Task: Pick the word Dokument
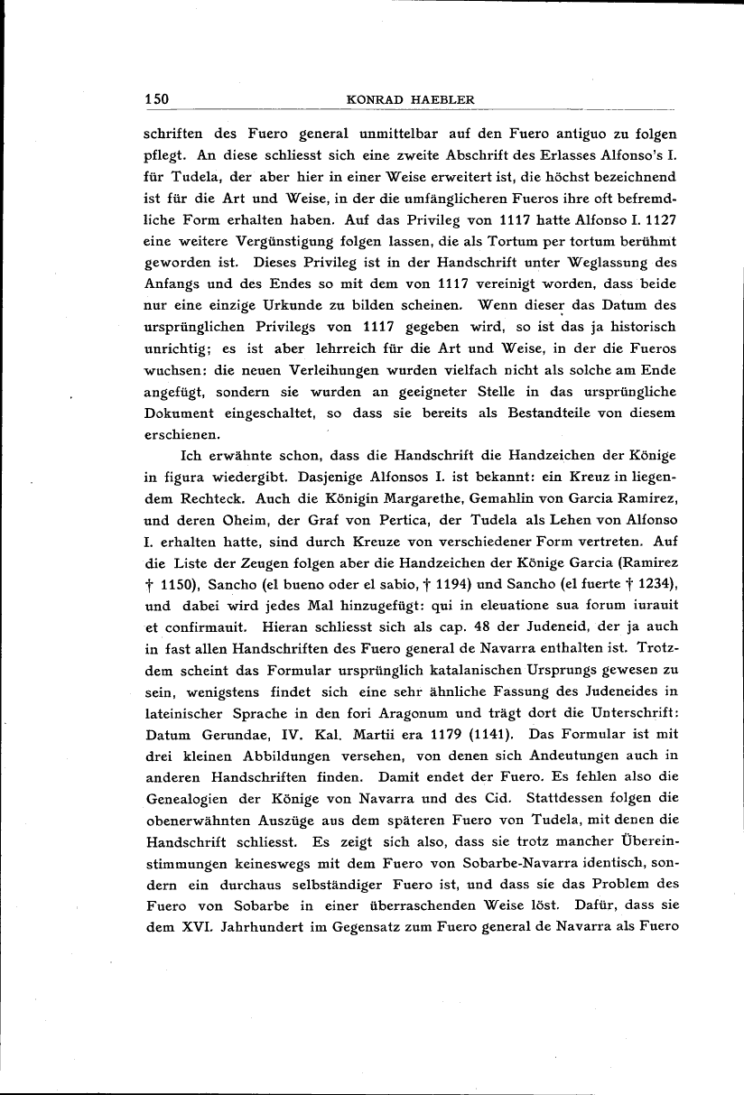pyautogui.click(x=178, y=413)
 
